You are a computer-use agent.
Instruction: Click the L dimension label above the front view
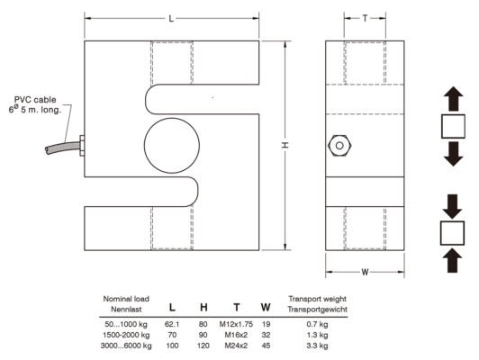click(171, 19)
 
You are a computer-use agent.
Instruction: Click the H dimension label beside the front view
click(285, 145)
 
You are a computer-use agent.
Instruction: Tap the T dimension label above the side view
click(365, 18)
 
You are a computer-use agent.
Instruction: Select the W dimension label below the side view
click(365, 272)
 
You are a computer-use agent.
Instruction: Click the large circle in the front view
click(172, 145)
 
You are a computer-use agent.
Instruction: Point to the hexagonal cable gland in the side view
click(339, 146)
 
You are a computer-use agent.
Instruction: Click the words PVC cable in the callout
click(35, 100)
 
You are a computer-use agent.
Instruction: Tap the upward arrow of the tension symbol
click(454, 99)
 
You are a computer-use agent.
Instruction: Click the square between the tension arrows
click(454, 126)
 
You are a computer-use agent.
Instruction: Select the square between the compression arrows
click(452, 233)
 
